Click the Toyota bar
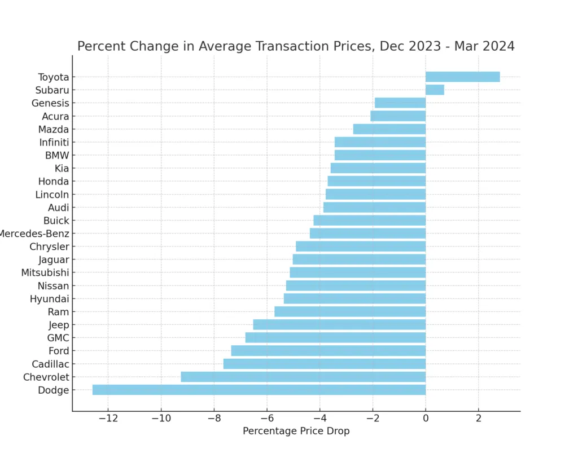pos(462,77)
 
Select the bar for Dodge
pos(259,390)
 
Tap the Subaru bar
pos(435,90)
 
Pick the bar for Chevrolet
pos(303,377)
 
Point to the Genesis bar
pos(400,103)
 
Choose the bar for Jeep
pos(339,324)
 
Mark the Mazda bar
pos(389,129)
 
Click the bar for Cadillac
pos(324,364)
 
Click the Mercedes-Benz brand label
pos(34,234)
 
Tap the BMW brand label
pos(57,155)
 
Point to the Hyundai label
pos(49,299)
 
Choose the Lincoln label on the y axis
pos(52,195)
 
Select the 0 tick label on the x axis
pos(426,419)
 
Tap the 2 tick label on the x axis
pos(479,419)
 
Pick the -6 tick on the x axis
pos(266,419)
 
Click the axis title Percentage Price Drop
pos(296,432)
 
